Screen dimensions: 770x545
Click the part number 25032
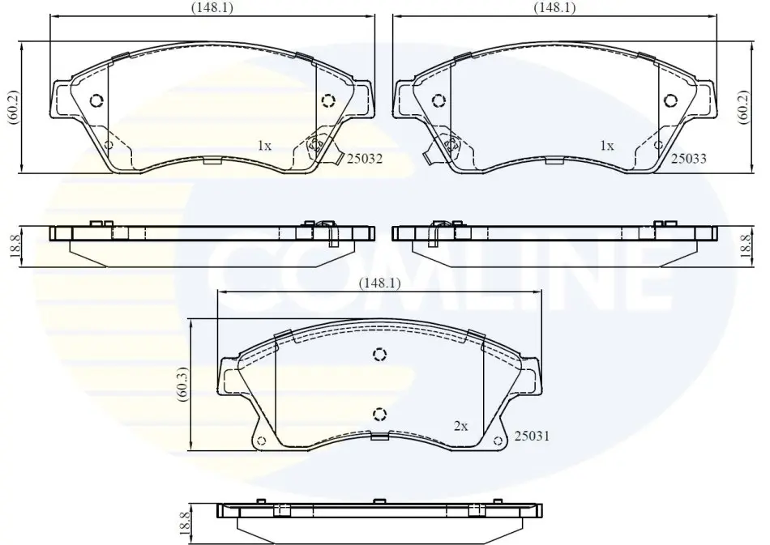[x=365, y=159]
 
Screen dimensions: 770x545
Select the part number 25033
[x=688, y=159]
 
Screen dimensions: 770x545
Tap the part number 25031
[x=532, y=436]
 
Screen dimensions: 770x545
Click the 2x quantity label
[x=460, y=426]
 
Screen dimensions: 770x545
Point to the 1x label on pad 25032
[x=264, y=146]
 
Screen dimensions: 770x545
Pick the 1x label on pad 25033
[x=607, y=146]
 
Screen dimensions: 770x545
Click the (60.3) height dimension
[x=182, y=384]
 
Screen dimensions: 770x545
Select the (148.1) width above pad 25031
[x=379, y=283]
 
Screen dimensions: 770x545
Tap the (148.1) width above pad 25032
[x=212, y=7]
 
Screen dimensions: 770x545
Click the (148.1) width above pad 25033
[x=554, y=7]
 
